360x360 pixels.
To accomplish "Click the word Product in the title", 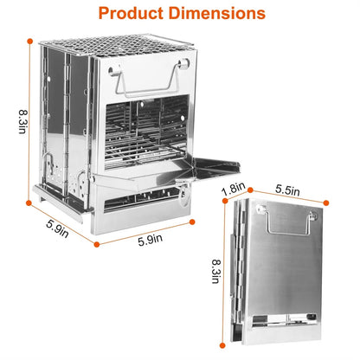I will click(x=129, y=14).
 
